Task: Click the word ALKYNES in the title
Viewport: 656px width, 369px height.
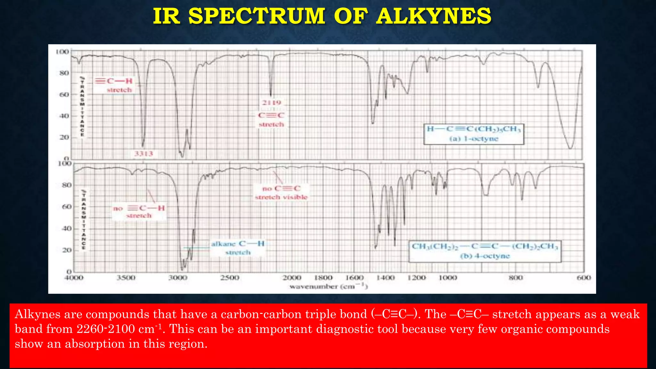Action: (x=434, y=16)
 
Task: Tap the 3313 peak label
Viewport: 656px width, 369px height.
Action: (x=143, y=154)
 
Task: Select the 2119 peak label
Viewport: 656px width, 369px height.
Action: (x=272, y=103)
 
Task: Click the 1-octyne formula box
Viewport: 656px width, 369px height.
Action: (x=474, y=134)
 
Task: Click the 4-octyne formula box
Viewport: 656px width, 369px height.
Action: (x=485, y=251)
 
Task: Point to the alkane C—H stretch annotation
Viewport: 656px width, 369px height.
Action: (x=238, y=248)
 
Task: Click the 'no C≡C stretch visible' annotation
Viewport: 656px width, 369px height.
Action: (x=281, y=193)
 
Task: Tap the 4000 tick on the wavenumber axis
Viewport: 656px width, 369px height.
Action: (x=74, y=278)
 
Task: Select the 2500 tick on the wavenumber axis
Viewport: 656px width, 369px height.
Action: (x=230, y=278)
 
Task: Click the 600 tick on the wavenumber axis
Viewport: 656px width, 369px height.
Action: (x=584, y=278)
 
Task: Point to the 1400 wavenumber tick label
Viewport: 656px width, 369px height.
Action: (x=385, y=278)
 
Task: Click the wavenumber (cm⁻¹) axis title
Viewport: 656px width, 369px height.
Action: (x=329, y=286)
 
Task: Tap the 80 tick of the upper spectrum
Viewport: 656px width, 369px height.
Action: (x=64, y=73)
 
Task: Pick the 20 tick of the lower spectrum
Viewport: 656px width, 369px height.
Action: (x=67, y=250)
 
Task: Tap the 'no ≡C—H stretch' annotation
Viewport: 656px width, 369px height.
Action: (x=139, y=212)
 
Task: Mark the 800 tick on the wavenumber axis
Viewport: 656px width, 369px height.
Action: (x=516, y=278)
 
